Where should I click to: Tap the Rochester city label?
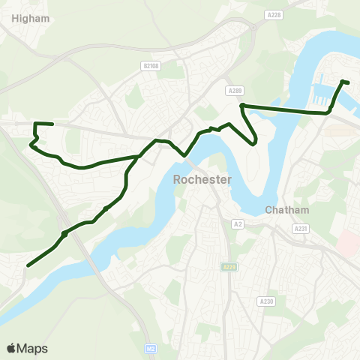click(202, 180)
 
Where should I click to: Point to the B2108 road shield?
click(151, 66)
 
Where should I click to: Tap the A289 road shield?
click(233, 90)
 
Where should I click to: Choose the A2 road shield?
click(238, 223)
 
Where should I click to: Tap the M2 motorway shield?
click(151, 349)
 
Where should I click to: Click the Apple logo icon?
click(11, 348)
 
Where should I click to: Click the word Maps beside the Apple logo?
click(32, 348)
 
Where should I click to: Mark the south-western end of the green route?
click(28, 265)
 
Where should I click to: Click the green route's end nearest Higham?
click(52, 124)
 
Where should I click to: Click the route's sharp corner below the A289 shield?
click(242, 106)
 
